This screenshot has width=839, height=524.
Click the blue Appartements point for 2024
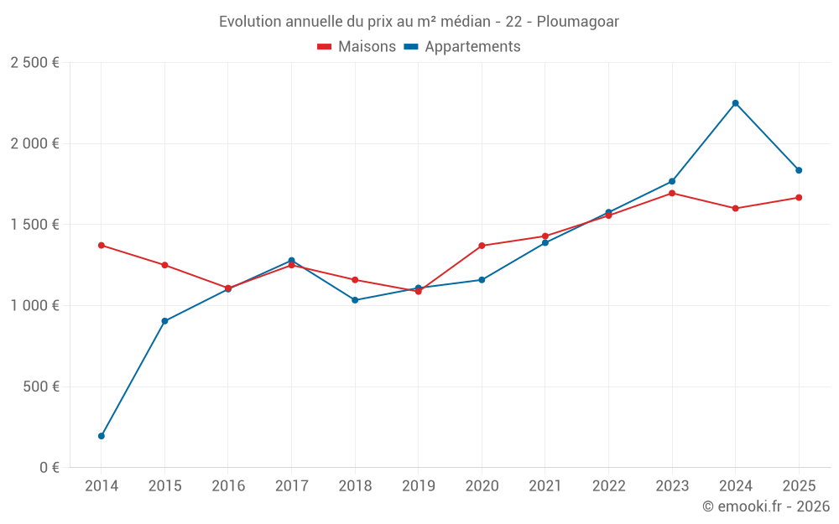(x=735, y=103)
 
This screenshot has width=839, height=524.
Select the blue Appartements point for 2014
(x=102, y=436)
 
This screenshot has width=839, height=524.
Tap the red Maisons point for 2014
(x=102, y=246)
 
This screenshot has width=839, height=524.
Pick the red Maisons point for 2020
(x=482, y=246)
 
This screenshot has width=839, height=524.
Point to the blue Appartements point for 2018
(x=355, y=300)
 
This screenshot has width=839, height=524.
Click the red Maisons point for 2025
(x=799, y=197)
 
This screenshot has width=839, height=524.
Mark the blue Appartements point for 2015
(x=164, y=321)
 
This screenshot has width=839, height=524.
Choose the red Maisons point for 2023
(x=671, y=193)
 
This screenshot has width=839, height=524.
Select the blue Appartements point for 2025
(x=799, y=170)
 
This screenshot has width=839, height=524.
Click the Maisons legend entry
(x=357, y=46)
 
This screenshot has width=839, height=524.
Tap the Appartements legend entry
(x=462, y=46)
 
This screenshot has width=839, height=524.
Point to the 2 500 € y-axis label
(x=34, y=63)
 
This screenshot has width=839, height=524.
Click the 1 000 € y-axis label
(x=34, y=305)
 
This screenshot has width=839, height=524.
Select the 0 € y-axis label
(x=50, y=467)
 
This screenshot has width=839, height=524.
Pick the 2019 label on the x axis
(x=419, y=485)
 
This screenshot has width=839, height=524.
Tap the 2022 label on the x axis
(x=608, y=485)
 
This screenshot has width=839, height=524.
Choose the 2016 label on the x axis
(x=228, y=485)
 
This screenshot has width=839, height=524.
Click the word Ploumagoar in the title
(x=578, y=22)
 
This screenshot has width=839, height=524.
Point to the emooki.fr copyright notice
(x=766, y=506)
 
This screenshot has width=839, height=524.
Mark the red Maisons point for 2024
(x=735, y=208)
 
